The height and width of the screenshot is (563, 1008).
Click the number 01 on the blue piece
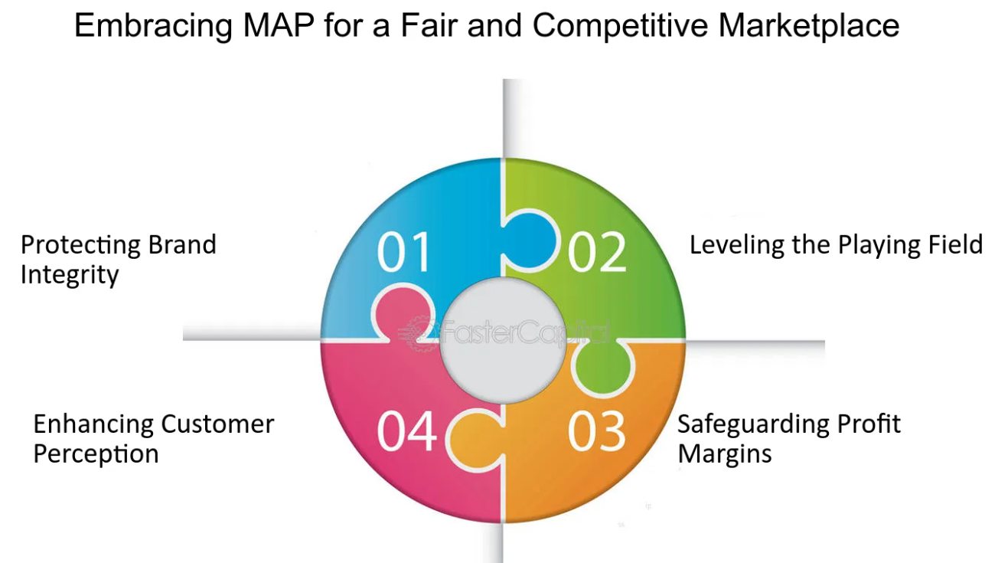click(403, 252)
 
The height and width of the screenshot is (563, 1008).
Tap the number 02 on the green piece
click(597, 252)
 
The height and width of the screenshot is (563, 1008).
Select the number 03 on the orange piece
click(597, 431)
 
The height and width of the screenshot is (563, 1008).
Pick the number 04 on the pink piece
click(406, 431)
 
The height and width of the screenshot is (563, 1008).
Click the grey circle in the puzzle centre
click(503, 340)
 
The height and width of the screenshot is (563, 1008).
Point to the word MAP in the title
click(279, 25)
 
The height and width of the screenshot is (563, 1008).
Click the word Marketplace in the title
click(809, 26)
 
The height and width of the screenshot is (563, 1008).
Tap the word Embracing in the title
click(153, 27)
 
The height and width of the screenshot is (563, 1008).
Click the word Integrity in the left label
click(70, 275)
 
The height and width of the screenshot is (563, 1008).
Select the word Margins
click(725, 454)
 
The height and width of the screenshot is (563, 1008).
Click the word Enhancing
click(93, 425)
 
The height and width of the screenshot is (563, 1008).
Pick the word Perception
click(96, 455)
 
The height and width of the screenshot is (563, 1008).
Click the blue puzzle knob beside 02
click(530, 241)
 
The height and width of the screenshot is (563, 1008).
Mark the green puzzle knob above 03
click(603, 368)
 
